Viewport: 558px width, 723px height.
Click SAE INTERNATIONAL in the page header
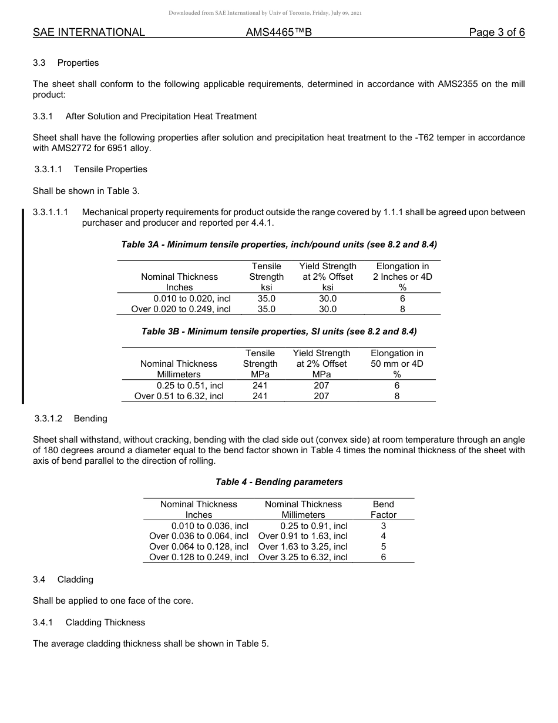coord(89,32)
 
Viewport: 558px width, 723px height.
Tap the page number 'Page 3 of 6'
coord(496,32)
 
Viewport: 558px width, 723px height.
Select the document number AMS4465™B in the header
coord(278,32)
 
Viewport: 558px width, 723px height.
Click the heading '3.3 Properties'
coord(66,63)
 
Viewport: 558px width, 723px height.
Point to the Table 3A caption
coord(279,244)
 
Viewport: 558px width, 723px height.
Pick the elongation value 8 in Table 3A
coord(402,309)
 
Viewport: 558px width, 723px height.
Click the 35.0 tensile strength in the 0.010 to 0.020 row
coord(266,299)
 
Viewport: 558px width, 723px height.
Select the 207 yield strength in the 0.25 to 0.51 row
coord(321,386)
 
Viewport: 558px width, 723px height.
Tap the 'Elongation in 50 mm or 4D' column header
coord(396,364)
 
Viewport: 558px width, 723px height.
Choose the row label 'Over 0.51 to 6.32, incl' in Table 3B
coord(179,396)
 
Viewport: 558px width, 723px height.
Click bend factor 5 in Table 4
coord(384,547)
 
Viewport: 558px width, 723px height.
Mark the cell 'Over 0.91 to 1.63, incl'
coord(302,536)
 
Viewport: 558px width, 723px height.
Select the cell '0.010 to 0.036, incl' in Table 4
coord(210,525)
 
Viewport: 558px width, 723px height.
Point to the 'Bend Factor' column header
coord(384,510)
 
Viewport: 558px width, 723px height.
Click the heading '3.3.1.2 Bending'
coord(70,419)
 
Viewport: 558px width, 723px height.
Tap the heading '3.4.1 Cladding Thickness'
coord(89,622)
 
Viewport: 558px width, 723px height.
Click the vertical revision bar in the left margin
coord(23,306)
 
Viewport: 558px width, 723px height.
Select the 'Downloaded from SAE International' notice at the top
coord(265,13)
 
